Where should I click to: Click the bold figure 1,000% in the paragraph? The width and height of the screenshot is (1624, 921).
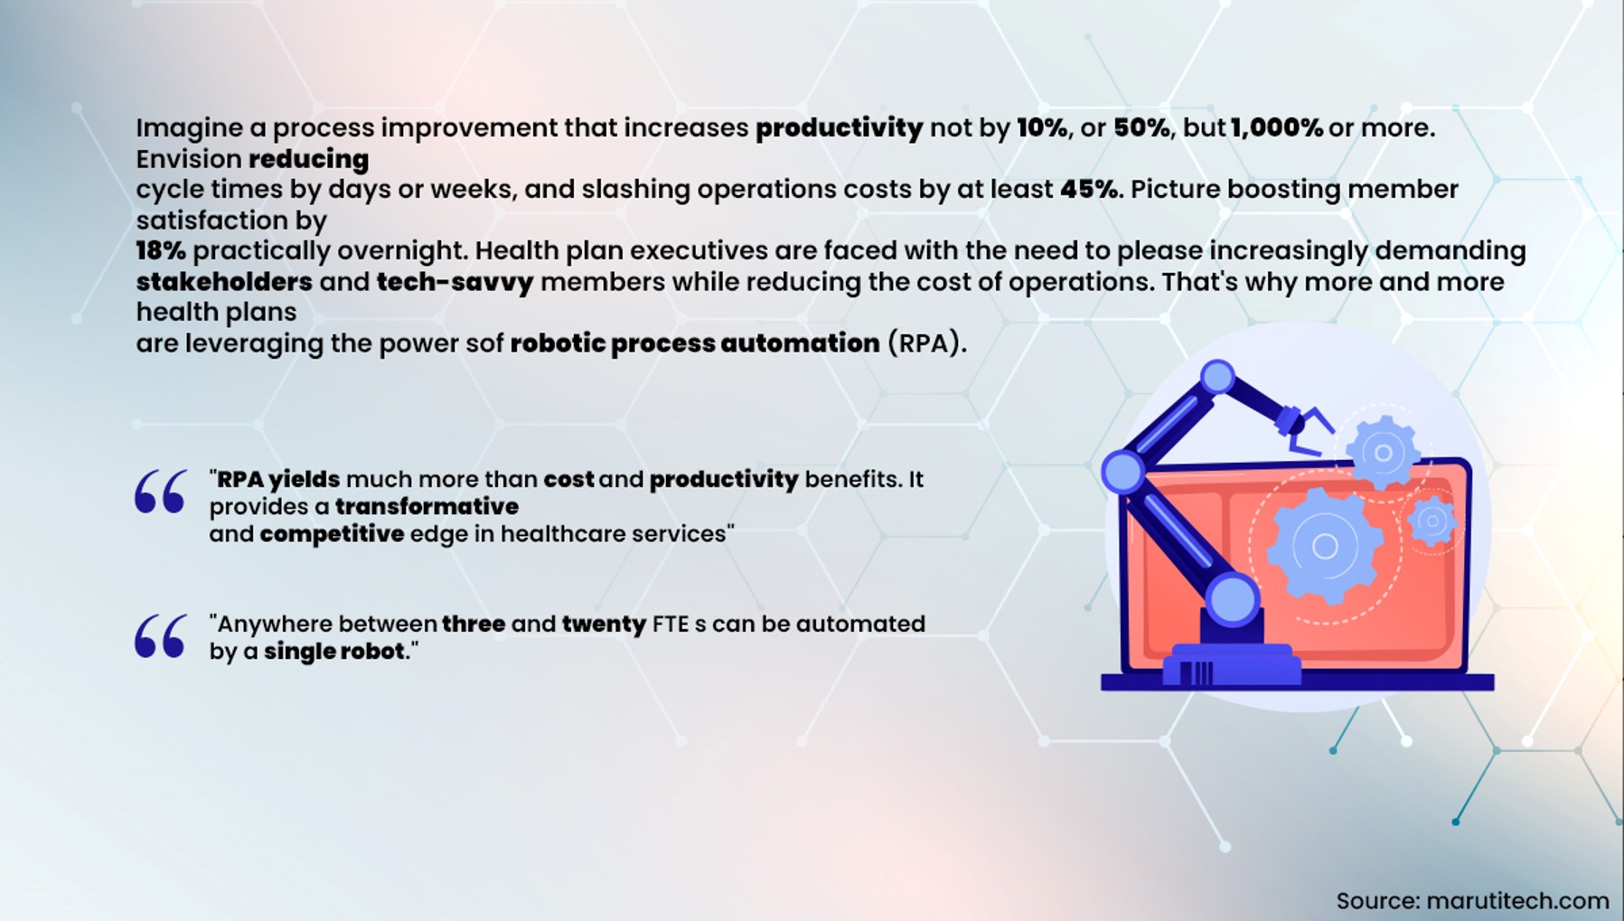click(1276, 127)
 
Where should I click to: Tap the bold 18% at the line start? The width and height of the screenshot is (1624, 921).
click(161, 250)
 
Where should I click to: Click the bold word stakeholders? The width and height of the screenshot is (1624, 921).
click(224, 281)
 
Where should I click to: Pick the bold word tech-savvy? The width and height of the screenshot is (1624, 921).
click(455, 282)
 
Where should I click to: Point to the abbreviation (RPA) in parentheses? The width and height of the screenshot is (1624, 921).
click(926, 343)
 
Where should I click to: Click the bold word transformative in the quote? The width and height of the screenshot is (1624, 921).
click(427, 506)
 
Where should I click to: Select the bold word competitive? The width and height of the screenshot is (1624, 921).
click(332, 534)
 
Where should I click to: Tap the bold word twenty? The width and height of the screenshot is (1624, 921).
click(604, 625)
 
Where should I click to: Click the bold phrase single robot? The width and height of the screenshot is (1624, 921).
click(333, 651)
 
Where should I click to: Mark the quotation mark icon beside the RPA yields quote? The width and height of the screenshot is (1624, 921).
click(161, 492)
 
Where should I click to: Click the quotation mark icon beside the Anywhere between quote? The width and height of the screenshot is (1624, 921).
click(161, 636)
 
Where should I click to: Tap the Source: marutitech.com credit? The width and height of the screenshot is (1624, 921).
click(1472, 900)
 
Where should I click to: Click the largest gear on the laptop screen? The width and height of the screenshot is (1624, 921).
click(1324, 546)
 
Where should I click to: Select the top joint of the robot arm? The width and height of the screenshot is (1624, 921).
click(1217, 377)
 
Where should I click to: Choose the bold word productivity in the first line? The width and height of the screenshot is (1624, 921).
click(839, 128)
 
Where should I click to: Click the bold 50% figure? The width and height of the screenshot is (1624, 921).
click(1142, 127)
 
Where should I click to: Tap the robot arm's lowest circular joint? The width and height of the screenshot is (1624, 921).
click(1231, 598)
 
